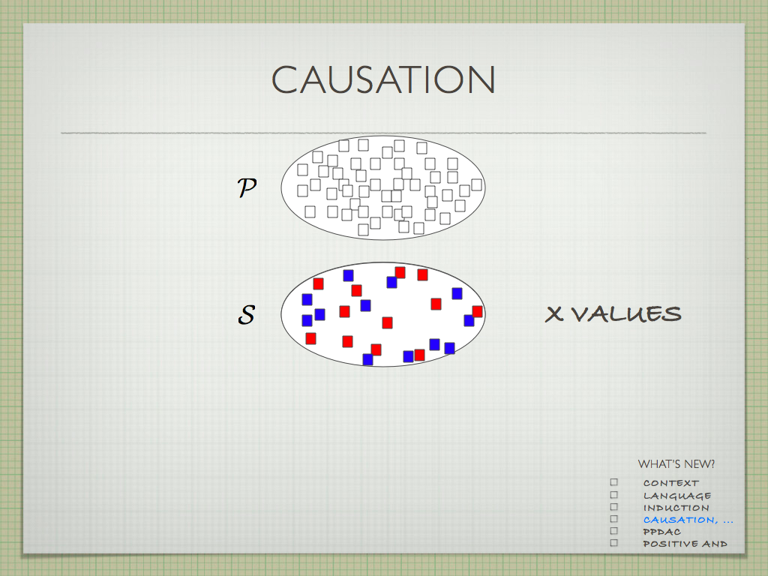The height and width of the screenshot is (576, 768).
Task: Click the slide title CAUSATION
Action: click(383, 79)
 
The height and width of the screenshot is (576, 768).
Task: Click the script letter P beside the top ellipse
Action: click(247, 187)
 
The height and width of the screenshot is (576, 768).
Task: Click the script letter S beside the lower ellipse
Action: click(246, 314)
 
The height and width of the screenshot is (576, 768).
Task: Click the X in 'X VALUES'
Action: click(554, 314)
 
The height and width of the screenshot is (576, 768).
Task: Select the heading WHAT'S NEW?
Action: click(676, 463)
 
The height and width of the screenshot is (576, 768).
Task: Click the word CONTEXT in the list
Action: click(671, 483)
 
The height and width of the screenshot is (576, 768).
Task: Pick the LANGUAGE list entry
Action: click(677, 496)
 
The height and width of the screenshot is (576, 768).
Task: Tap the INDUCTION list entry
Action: click(676, 508)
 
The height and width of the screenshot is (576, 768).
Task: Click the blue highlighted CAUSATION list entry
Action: click(688, 520)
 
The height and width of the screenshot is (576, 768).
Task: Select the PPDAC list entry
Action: click(661, 532)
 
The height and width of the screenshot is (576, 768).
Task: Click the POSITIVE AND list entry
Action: click(685, 544)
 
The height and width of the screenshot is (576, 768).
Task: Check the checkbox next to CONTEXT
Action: click(614, 482)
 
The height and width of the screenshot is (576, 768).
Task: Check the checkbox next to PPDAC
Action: click(614, 531)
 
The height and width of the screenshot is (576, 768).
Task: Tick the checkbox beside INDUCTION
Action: click(614, 507)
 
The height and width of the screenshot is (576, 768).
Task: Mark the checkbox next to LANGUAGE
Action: click(614, 495)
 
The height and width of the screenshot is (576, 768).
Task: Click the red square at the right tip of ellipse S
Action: click(478, 311)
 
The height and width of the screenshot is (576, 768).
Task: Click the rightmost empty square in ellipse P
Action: click(476, 185)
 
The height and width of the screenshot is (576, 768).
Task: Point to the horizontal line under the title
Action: click(383, 133)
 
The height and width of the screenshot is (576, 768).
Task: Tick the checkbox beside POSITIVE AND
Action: click(614, 543)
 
